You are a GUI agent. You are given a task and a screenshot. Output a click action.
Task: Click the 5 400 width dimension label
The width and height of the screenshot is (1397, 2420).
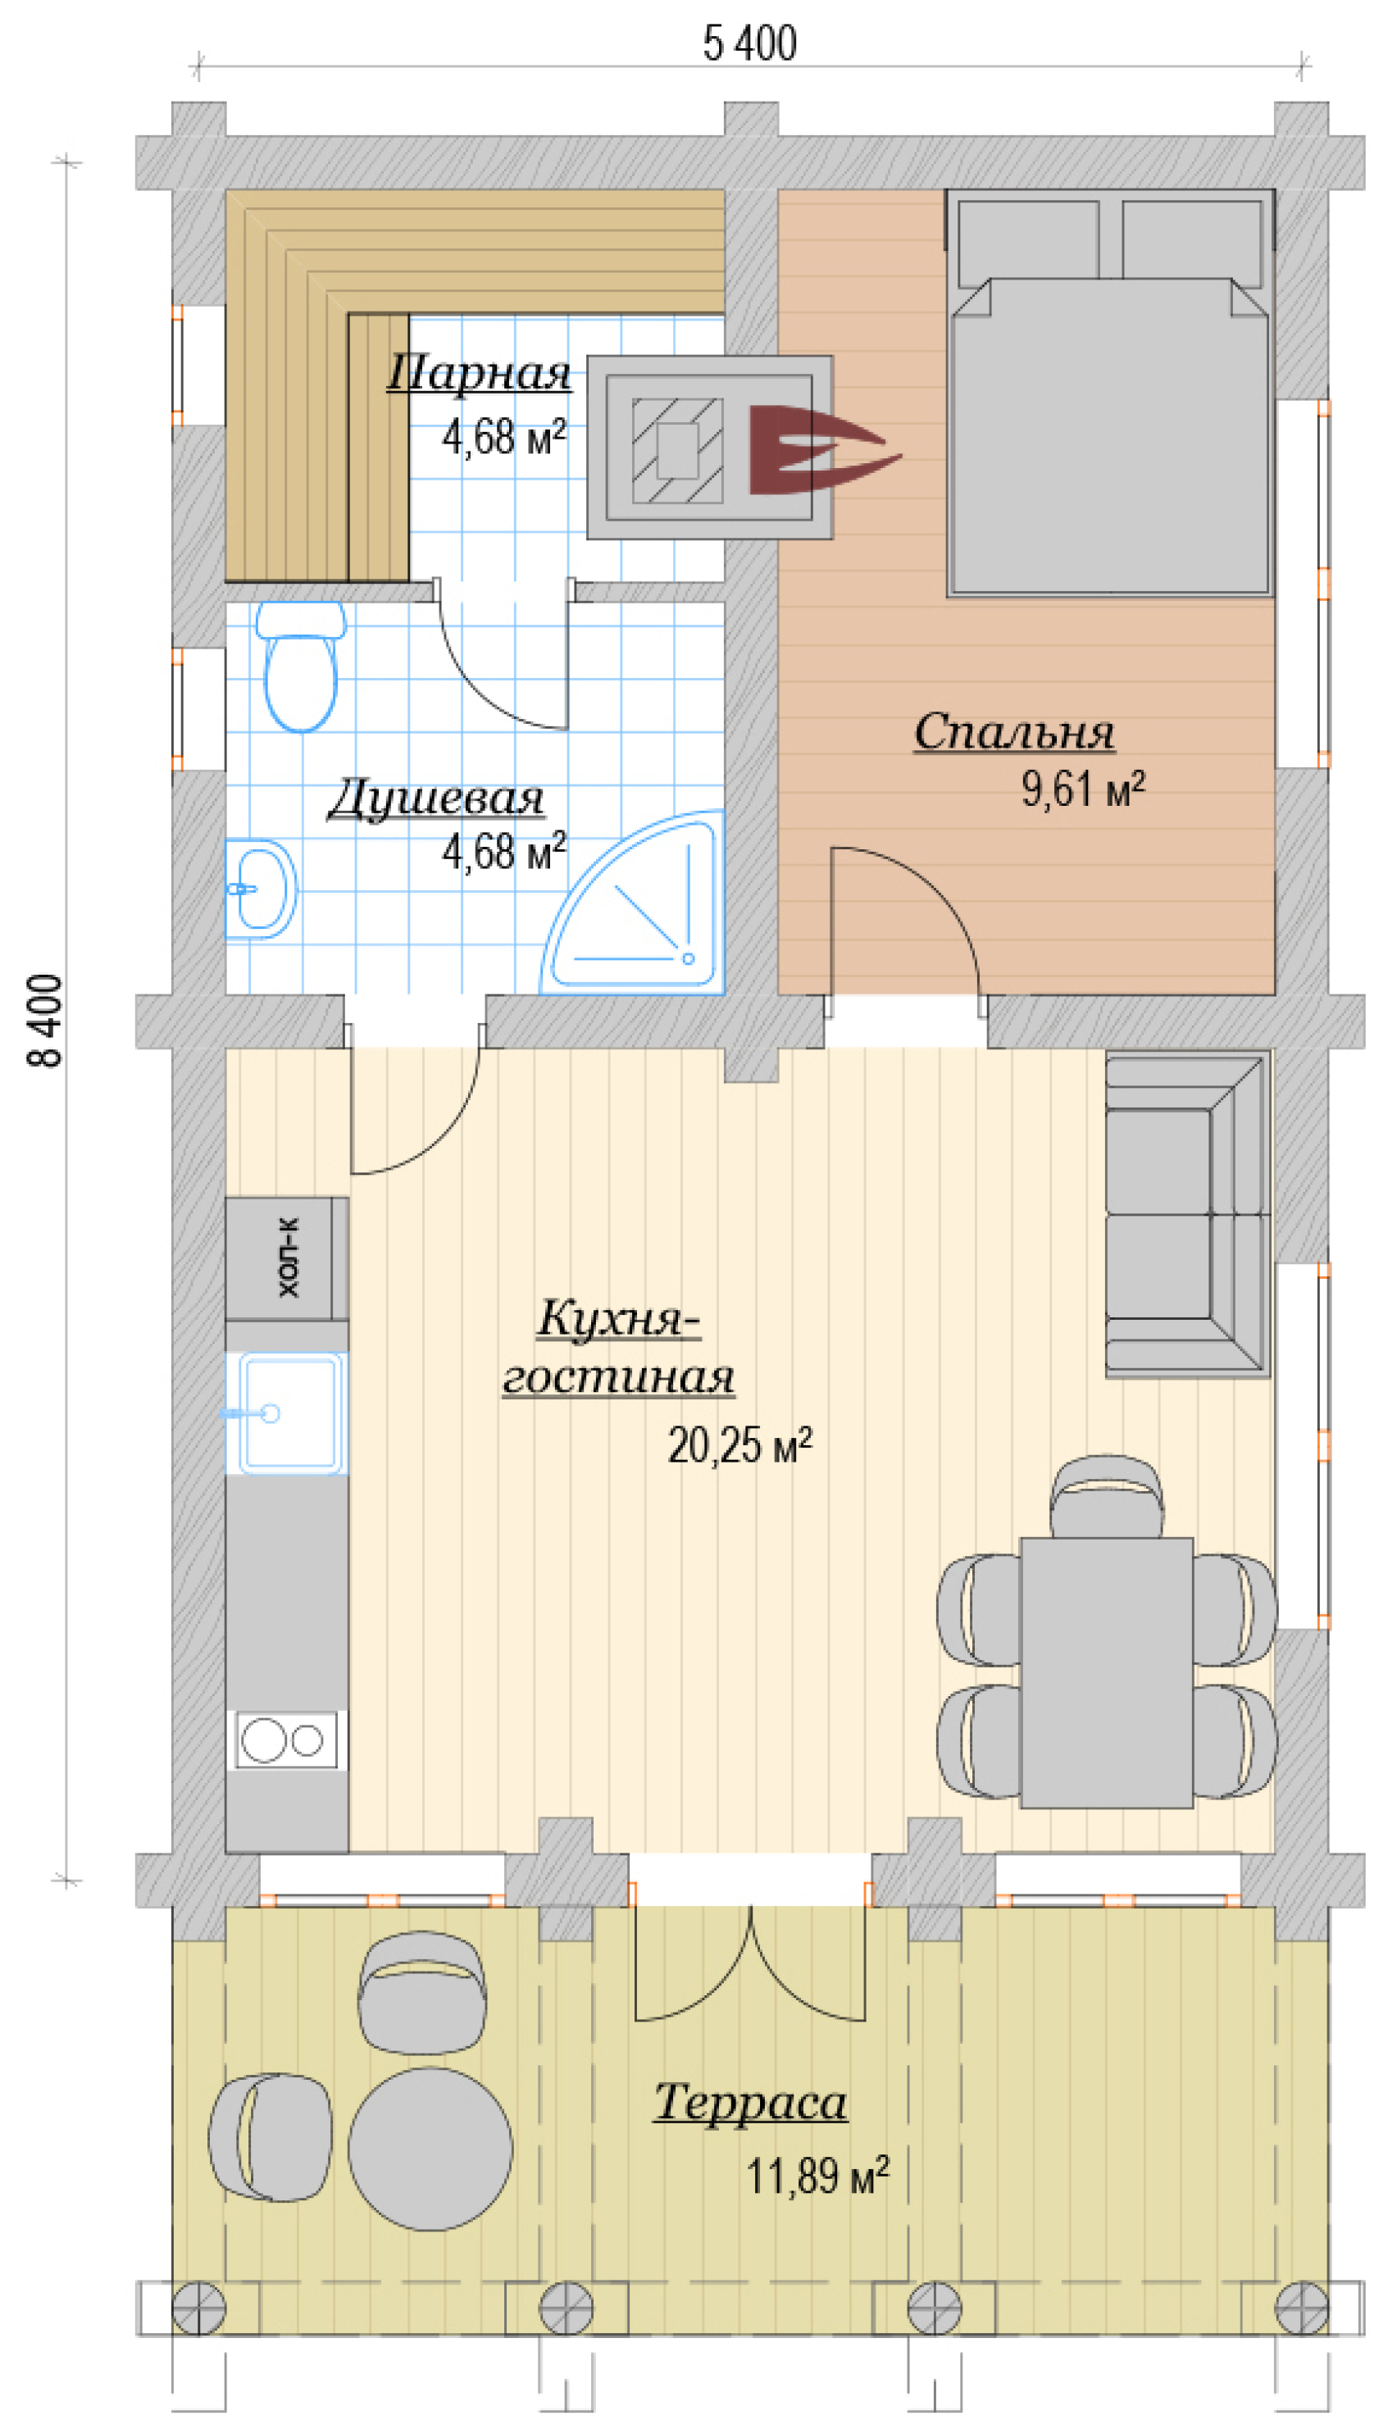tap(749, 43)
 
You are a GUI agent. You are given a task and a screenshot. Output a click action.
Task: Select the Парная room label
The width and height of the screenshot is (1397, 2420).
tap(479, 373)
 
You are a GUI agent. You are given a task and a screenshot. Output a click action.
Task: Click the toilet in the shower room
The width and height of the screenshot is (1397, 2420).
tap(300, 666)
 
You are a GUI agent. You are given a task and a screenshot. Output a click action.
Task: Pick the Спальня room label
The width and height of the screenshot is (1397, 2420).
tap(1014, 733)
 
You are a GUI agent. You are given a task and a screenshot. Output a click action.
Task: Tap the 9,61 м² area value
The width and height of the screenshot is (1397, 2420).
tap(1082, 789)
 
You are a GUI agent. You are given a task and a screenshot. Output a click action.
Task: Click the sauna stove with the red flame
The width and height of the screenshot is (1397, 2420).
tap(710, 447)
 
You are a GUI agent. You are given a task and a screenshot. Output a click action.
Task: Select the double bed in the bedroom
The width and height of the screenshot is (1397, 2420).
tap(1110, 393)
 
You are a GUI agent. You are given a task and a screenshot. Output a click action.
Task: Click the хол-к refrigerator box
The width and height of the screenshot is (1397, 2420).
tap(287, 1258)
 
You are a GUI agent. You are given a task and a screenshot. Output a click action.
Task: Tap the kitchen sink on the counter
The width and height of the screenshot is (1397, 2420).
tap(287, 1412)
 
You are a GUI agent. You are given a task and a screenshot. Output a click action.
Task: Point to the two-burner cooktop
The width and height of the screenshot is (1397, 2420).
tap(287, 1739)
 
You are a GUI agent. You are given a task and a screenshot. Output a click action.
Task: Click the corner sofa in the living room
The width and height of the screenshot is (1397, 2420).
tap(1188, 1214)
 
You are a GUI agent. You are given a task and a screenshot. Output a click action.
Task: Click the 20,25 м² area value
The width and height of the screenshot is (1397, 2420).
tap(739, 1445)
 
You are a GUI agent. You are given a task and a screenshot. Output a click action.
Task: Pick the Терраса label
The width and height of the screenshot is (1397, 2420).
tap(750, 2103)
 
